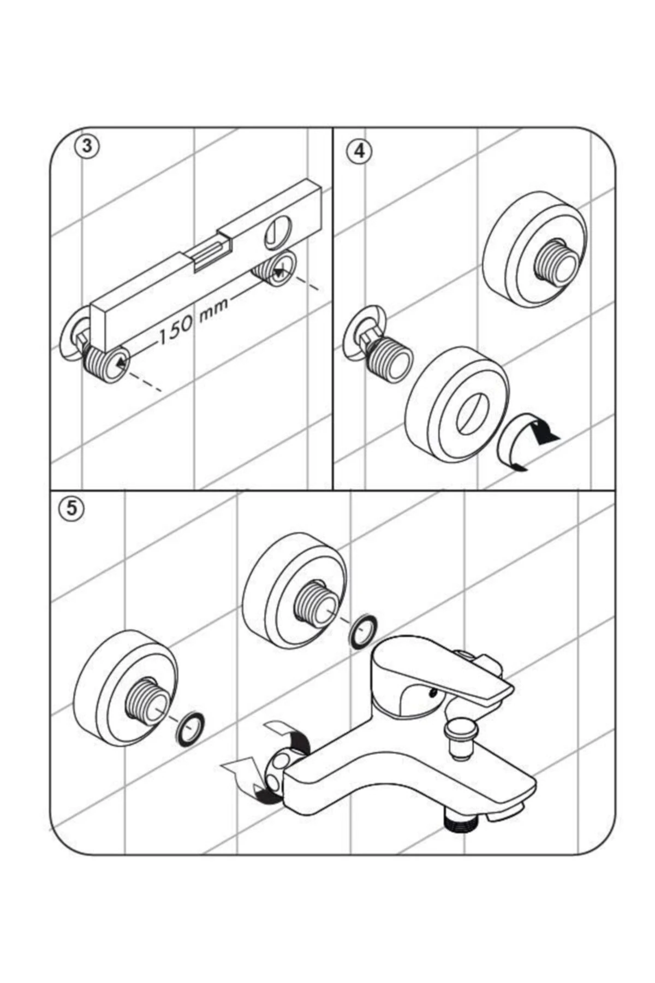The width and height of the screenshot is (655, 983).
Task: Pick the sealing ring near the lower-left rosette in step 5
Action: pos(191,729)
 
